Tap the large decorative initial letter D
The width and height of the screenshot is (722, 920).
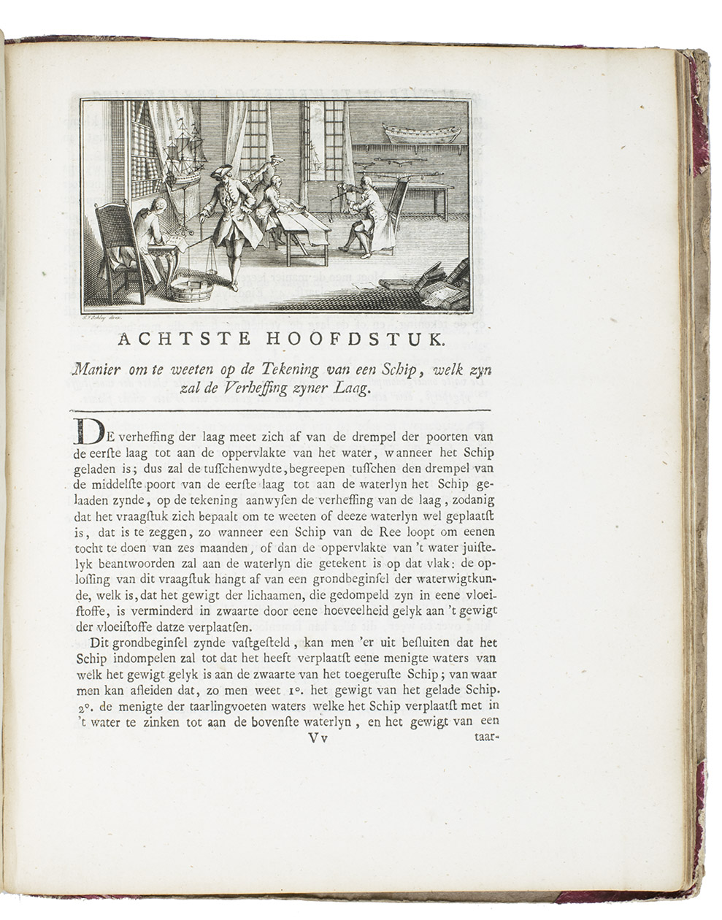[x=86, y=434]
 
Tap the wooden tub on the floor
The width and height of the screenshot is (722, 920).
[x=191, y=290]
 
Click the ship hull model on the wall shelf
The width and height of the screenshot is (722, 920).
[x=422, y=134]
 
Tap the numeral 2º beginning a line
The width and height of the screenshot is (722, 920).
[x=81, y=707]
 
